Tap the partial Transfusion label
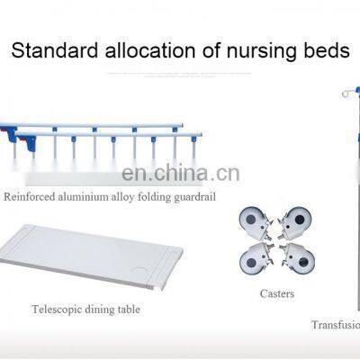click(335, 326)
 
